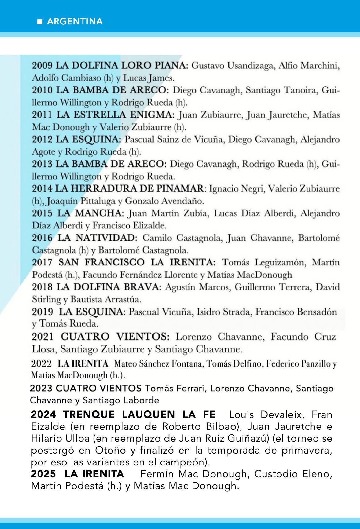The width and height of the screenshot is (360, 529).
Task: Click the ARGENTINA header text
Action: coord(75,22)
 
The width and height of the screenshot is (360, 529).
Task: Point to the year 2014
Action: coord(42,189)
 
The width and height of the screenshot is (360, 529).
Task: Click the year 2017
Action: coord(43,263)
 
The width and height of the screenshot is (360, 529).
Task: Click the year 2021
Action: coord(42,337)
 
